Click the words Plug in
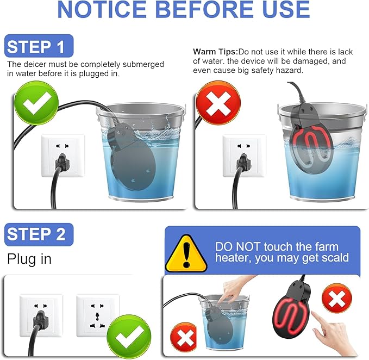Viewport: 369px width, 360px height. (x=29, y=259)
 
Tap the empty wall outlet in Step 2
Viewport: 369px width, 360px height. (x=97, y=315)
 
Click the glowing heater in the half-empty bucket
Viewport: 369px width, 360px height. (x=311, y=143)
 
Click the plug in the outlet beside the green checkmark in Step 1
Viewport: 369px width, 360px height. (x=62, y=162)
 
